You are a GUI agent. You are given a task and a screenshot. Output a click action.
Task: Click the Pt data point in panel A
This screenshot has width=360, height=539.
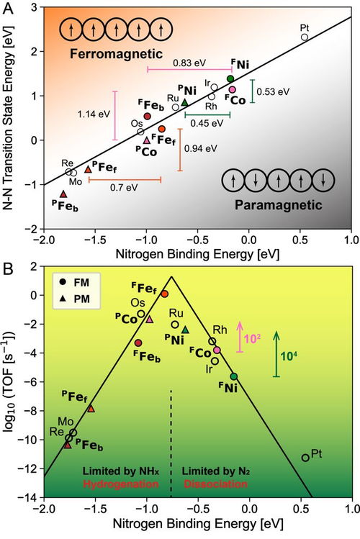pos(305,37)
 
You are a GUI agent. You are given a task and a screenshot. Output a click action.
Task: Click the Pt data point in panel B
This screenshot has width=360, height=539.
pos(305,457)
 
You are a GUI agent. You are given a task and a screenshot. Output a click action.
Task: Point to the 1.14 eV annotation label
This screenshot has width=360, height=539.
pos(91,114)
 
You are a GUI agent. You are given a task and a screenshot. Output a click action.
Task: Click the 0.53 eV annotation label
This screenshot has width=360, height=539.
pos(274,91)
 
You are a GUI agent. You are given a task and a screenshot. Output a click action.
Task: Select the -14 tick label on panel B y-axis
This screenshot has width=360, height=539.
pos(30,497)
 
